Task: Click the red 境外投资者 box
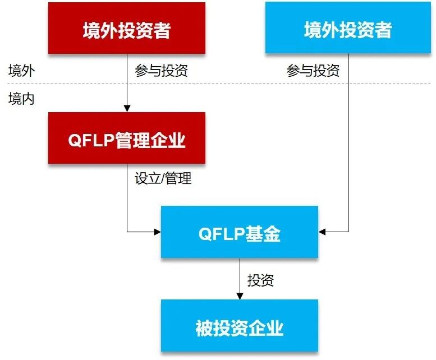point(126,29)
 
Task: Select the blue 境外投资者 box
point(347,29)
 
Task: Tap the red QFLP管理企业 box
point(126,139)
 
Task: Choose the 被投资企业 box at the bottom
point(239,327)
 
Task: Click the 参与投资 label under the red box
point(161,71)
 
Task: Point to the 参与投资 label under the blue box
point(313,71)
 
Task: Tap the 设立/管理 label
point(163,178)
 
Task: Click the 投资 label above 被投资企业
point(260,280)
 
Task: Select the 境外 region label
point(21,71)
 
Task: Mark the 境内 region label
point(21,99)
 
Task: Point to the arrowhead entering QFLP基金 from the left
point(157,231)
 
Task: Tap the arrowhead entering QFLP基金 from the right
point(322,231)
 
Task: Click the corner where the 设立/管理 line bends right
point(127,231)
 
